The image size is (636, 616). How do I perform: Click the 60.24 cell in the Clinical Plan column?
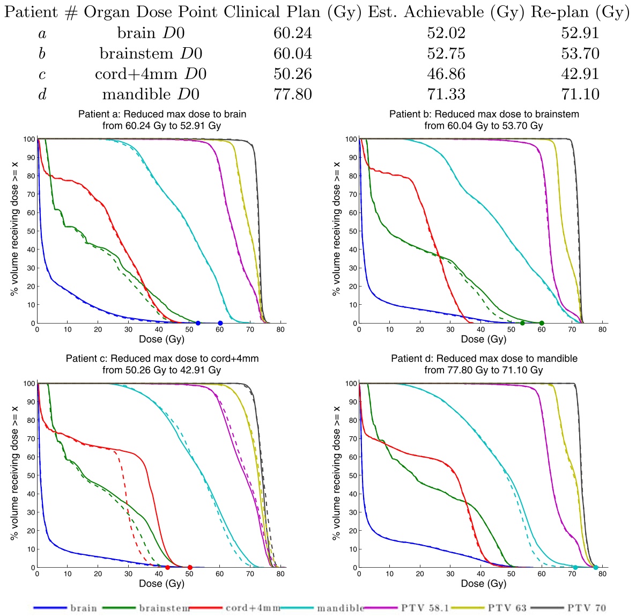coord(292,34)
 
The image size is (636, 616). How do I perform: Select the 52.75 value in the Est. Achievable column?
coord(446,54)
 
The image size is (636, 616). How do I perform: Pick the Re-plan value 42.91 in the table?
coord(580,75)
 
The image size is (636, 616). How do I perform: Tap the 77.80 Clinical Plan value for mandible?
coord(292,95)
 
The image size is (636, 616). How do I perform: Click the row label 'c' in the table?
coord(42,75)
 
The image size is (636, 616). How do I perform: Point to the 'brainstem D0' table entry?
coord(151,54)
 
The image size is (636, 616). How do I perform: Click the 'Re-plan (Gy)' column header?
coord(580,12)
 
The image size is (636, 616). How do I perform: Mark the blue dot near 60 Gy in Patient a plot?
coord(220,323)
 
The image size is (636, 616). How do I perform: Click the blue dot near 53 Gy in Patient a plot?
coord(198,323)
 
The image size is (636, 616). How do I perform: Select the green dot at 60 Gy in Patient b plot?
coord(542,323)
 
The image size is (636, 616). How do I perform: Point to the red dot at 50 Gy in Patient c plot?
coord(190,567)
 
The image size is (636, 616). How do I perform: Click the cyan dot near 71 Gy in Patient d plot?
coord(575,567)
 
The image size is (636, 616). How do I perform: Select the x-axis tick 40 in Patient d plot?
coord(481,574)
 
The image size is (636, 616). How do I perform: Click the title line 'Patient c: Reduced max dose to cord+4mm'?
coord(162,358)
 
